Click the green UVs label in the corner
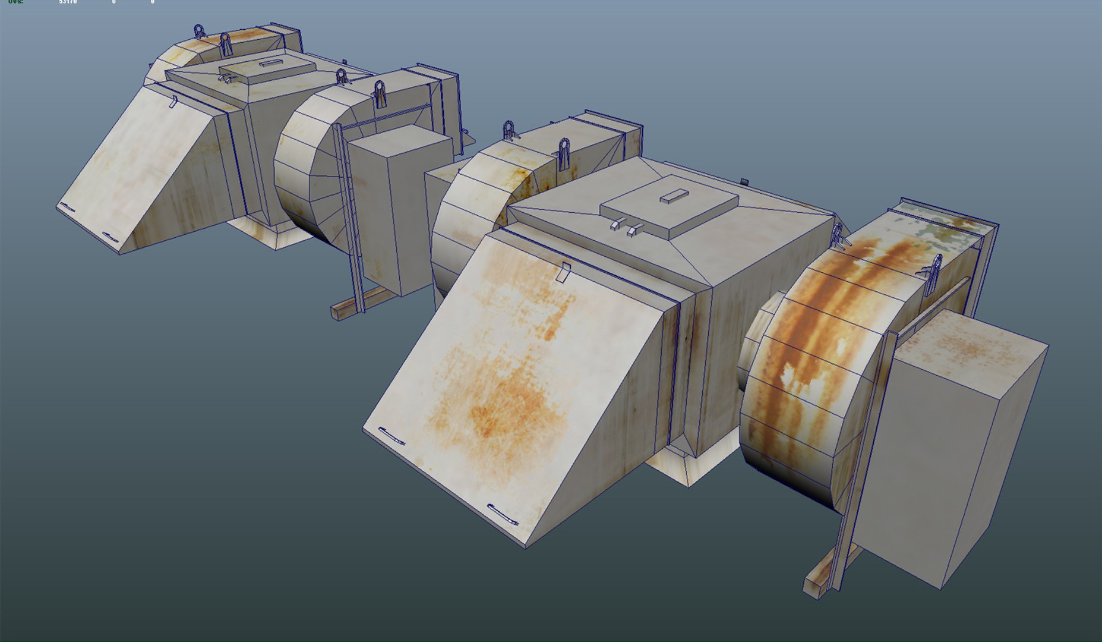[15, 2]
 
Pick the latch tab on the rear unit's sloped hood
[173, 102]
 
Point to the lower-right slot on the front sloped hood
[503, 515]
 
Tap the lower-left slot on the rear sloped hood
[68, 208]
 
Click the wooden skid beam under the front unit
[829, 571]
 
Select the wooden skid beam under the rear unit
[356, 303]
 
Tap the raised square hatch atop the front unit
[668, 205]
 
